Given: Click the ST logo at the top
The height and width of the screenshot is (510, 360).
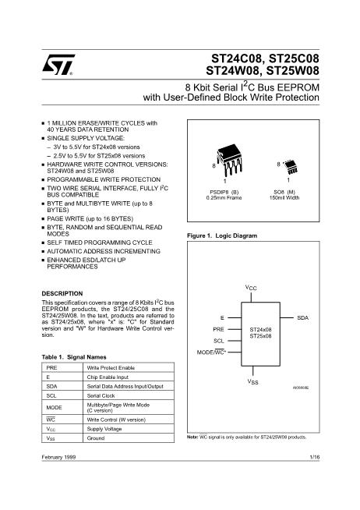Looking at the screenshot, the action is coord(58,65).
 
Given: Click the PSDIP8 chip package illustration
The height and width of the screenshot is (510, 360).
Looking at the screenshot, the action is coord(229,160).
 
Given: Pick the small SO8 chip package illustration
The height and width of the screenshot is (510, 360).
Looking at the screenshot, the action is coord(291,167).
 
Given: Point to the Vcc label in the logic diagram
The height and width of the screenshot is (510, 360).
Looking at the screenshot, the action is coord(251,288).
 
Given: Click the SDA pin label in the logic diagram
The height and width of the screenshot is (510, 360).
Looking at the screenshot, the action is coord(303,317).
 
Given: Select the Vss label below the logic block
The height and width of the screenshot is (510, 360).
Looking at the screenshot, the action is coord(252,381).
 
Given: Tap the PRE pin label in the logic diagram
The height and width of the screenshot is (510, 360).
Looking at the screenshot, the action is coord(219,329).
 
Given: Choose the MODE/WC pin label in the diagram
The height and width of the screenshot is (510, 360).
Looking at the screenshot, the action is coord(211,352).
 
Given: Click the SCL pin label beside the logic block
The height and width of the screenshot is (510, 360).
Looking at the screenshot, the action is coord(219,341).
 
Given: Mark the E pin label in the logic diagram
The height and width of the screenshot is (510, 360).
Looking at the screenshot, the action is coord(222,317).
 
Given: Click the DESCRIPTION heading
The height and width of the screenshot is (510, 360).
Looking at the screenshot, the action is coord(62,293).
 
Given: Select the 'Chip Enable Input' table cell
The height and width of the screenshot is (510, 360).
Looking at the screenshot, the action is coord(108,377).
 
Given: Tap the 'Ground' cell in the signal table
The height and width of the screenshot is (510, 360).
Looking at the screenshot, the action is coord(96,438).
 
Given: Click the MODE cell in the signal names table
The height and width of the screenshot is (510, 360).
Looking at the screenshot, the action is coord(54,408).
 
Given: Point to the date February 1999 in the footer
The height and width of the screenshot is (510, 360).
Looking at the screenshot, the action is coord(58,457).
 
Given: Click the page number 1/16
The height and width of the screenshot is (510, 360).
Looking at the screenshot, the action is coord(315,457).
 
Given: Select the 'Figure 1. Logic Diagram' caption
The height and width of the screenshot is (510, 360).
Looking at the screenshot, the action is coord(222,236).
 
